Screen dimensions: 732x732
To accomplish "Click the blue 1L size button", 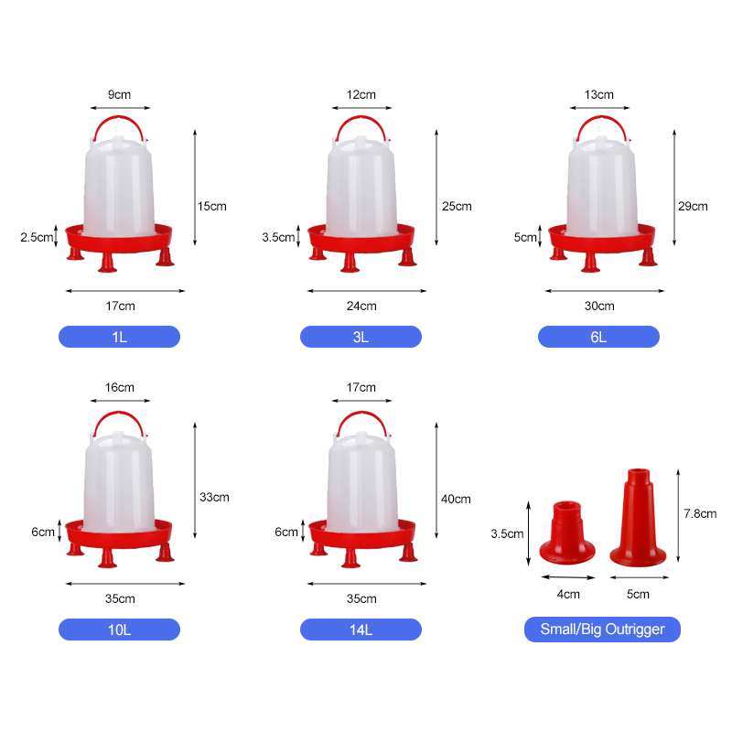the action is click(x=119, y=337).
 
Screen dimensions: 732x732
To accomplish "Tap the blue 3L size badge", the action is click(x=361, y=337).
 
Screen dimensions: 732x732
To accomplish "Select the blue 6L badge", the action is click(x=598, y=337).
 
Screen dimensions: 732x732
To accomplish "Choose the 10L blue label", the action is click(x=119, y=630).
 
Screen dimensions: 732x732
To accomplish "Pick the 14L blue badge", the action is click(x=361, y=630).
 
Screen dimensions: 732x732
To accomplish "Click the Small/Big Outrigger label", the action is click(x=602, y=630).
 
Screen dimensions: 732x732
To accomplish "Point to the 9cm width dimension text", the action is click(x=120, y=94).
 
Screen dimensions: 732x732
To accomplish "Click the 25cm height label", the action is click(x=457, y=206).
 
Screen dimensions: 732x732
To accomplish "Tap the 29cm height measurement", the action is click(x=693, y=206).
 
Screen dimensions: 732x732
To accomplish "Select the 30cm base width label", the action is click(x=599, y=306).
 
